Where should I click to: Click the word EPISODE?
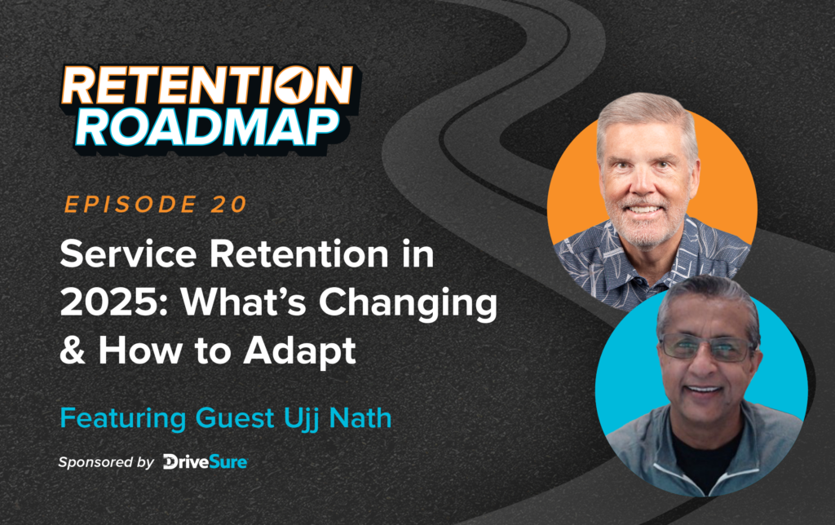pos(121,205)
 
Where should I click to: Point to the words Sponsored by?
pos(106,462)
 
